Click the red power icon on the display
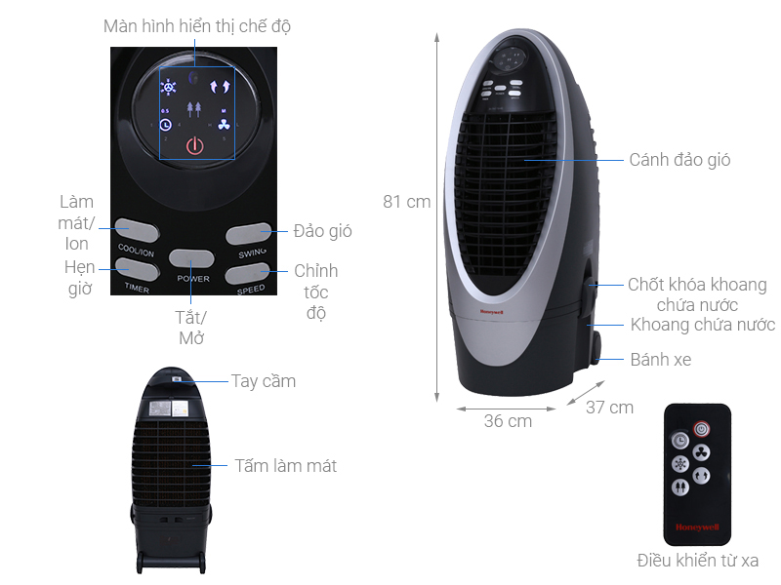click(x=194, y=146)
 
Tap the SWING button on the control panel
click(x=248, y=233)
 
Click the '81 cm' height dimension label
click(x=406, y=202)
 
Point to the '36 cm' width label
click(x=508, y=421)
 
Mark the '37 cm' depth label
click(x=609, y=408)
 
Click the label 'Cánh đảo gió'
click(x=679, y=159)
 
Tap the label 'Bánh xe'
click(x=660, y=360)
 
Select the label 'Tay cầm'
click(x=263, y=381)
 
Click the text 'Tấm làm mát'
click(x=285, y=466)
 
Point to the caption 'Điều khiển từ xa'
click(x=697, y=560)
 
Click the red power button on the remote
click(x=700, y=428)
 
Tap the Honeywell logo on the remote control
click(x=696, y=527)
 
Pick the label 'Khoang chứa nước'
click(x=702, y=325)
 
